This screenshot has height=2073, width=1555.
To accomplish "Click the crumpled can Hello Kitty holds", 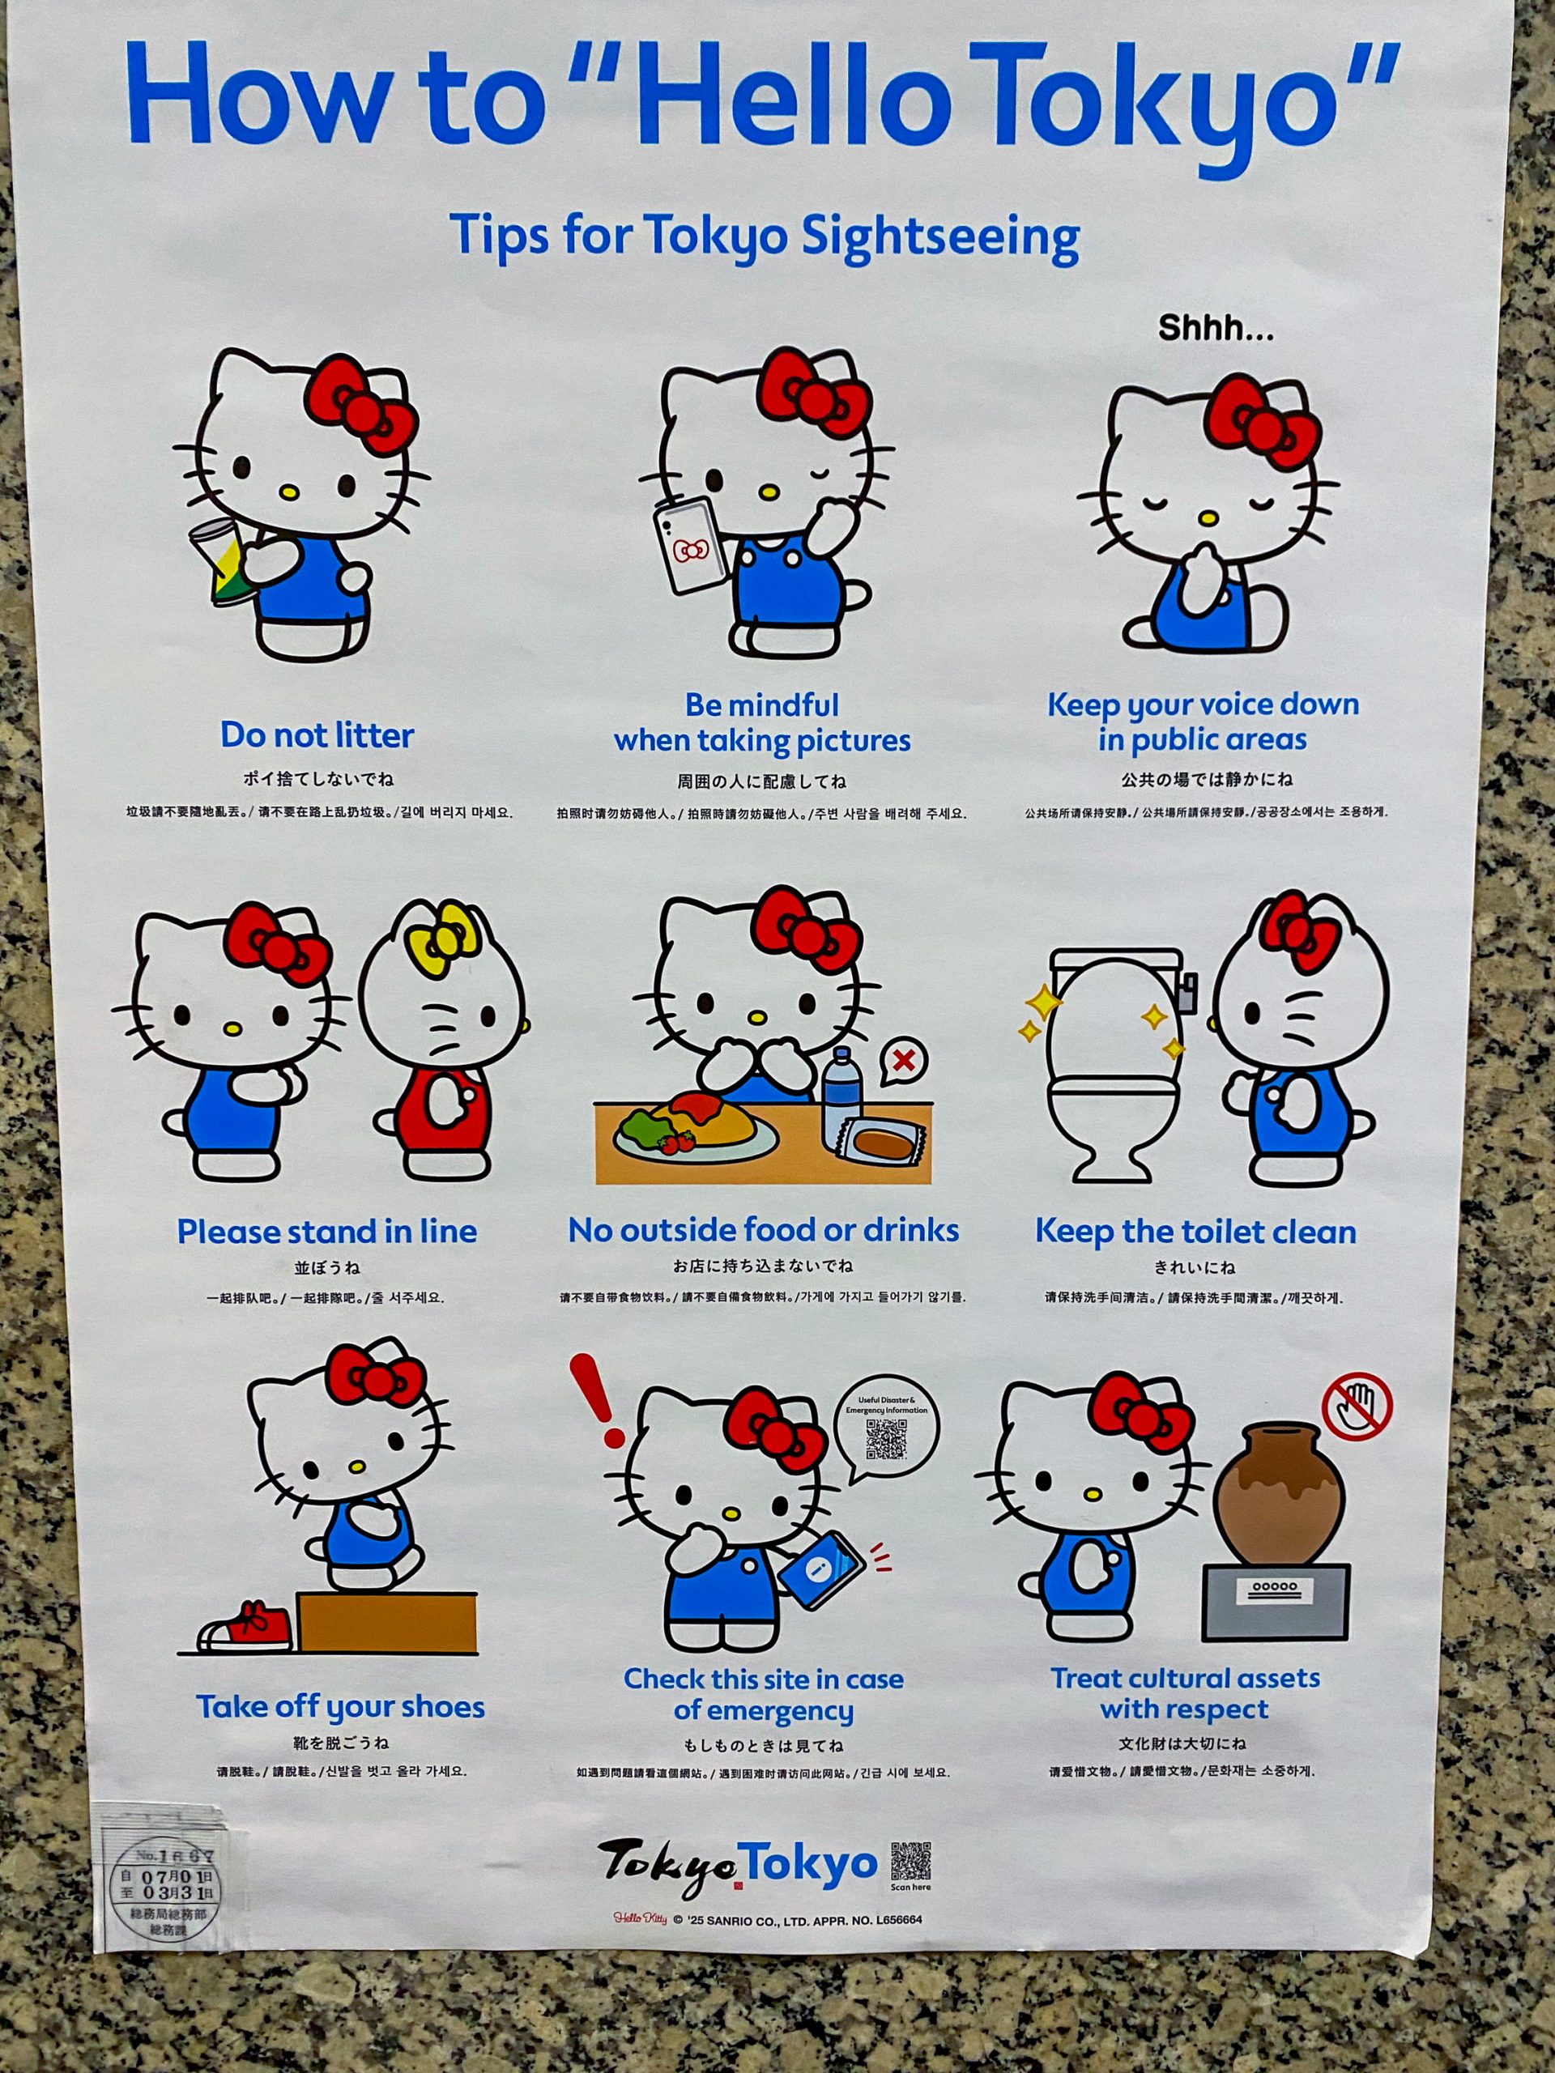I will [x=220, y=560].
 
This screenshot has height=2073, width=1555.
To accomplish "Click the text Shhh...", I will [x=1216, y=328].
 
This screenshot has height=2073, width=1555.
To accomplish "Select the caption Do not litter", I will [x=317, y=734].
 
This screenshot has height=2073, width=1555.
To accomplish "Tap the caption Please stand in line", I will [x=327, y=1231].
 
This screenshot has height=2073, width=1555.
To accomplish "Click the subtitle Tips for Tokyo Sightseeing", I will [x=764, y=236].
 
